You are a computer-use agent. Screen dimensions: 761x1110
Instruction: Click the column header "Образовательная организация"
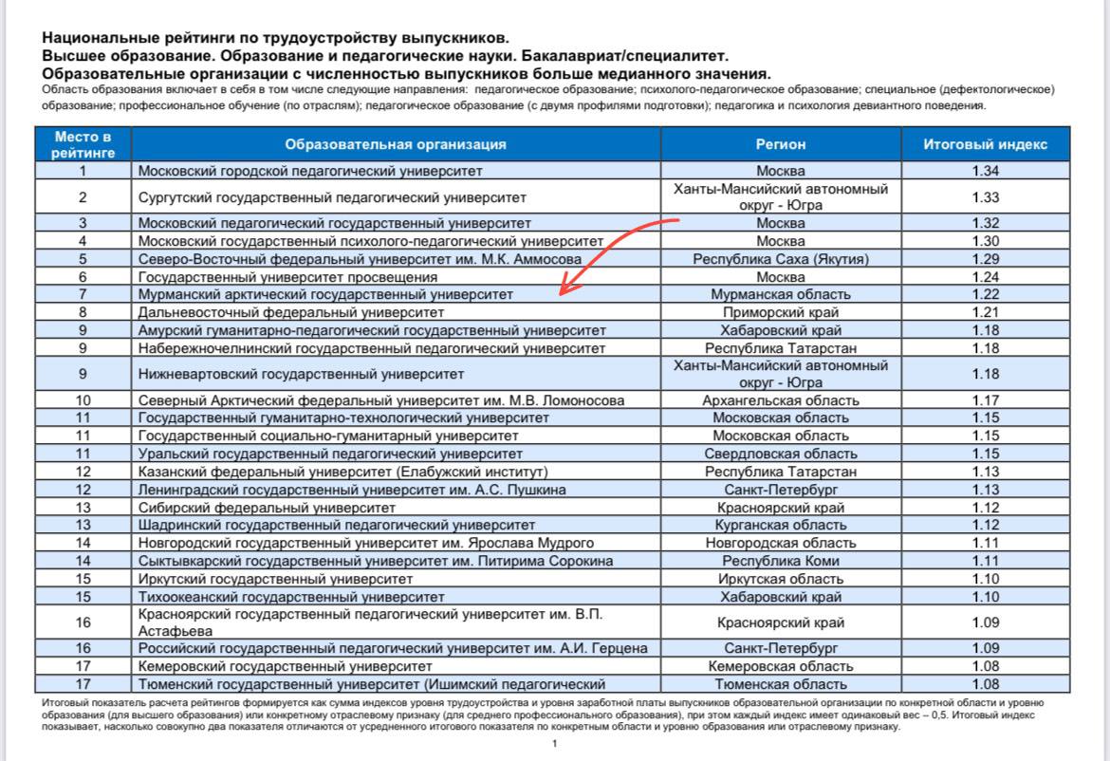[x=396, y=144]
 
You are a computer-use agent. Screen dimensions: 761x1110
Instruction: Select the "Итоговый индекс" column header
[x=986, y=144]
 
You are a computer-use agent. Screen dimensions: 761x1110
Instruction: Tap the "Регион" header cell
[x=780, y=144]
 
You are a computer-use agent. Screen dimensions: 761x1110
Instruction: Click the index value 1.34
[x=986, y=171]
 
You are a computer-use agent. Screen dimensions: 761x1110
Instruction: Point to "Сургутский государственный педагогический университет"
[x=332, y=197]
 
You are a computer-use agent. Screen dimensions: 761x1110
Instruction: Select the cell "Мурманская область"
[x=780, y=294]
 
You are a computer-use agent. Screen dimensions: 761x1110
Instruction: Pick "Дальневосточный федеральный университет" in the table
[x=291, y=311]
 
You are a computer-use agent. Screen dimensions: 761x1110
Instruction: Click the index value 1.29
[x=986, y=258]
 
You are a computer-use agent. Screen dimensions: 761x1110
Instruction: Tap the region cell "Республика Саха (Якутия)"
[x=780, y=259]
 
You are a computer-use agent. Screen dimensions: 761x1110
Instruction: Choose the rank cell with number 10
[x=83, y=400]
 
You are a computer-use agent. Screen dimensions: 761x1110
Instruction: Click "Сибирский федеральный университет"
[x=254, y=508]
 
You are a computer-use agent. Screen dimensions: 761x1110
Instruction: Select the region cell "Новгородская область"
[x=780, y=543]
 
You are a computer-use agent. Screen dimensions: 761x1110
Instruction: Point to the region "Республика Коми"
[x=780, y=561]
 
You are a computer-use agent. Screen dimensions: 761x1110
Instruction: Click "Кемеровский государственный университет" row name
[x=285, y=666]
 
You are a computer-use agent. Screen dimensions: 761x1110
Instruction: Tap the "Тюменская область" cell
[x=780, y=684]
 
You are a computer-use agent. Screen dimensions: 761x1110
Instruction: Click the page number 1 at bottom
[x=554, y=744]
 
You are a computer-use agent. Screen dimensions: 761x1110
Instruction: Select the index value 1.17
[x=986, y=400]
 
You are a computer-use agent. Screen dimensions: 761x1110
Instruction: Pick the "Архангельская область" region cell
[x=780, y=400]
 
